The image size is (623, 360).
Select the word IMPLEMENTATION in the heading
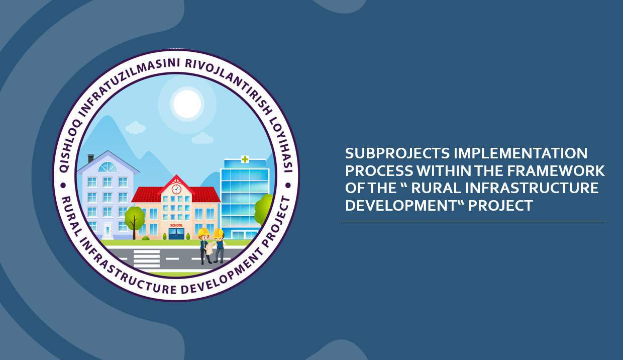coord(521,153)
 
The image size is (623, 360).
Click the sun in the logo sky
coord(187,104)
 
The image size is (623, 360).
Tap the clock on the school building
coord(176,189)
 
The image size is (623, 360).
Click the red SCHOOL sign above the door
coord(176,225)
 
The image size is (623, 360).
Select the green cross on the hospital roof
coord(245,159)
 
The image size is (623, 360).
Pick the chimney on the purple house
coord(90,159)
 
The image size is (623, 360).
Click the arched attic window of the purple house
coord(108,167)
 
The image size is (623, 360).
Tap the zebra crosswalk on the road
coord(147,258)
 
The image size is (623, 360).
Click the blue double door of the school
coord(176,234)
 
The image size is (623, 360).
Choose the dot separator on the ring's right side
coord(288,185)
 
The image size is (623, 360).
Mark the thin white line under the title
coord(473,222)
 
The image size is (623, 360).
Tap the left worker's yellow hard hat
coord(203,232)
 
